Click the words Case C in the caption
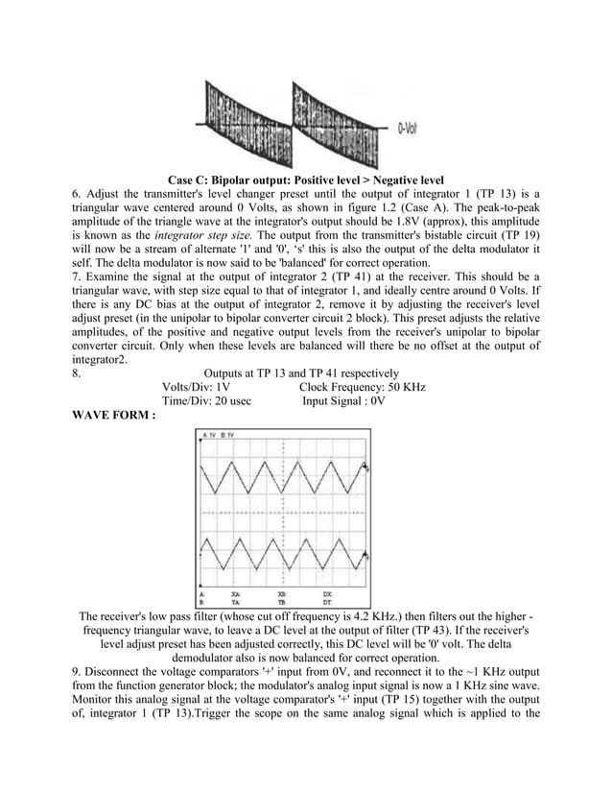tap(192, 180)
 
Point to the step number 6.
tap(77, 196)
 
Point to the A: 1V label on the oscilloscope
tap(209, 435)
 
